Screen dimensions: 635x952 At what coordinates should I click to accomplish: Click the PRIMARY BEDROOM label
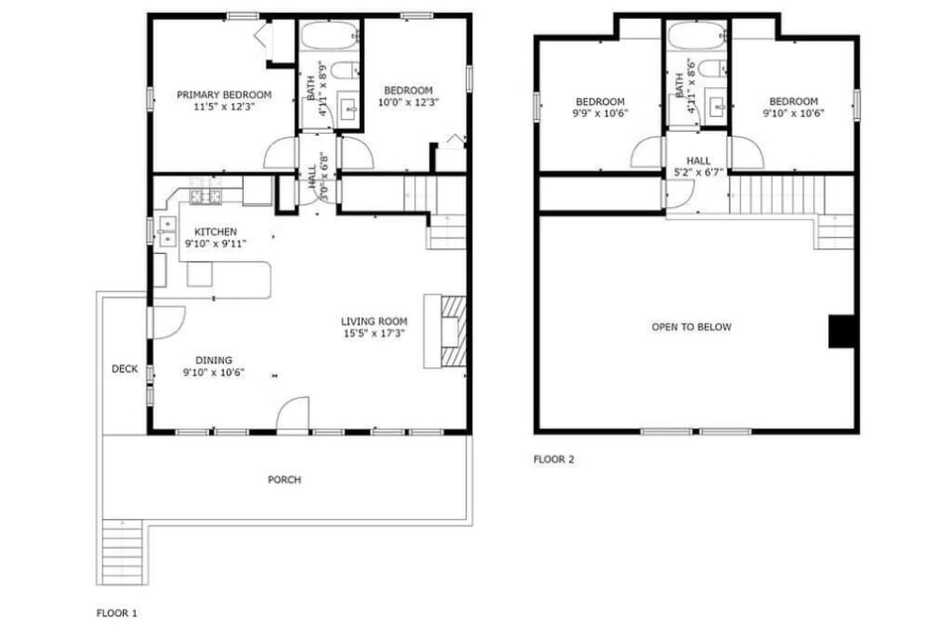tap(223, 94)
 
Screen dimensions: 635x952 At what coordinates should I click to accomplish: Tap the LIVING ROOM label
tap(374, 321)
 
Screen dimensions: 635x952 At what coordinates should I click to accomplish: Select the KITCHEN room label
tap(214, 231)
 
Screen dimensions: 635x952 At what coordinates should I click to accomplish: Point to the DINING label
tap(213, 361)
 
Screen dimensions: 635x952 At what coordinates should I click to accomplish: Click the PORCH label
tap(284, 480)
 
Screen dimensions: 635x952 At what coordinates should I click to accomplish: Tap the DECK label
tap(124, 369)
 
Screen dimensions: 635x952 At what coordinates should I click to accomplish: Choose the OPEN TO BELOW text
tap(691, 326)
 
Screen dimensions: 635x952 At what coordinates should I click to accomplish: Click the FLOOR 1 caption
tap(116, 613)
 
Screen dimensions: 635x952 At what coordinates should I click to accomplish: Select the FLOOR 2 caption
tap(553, 459)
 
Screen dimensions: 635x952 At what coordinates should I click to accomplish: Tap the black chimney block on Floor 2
tap(841, 331)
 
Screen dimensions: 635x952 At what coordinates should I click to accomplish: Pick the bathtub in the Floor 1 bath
tap(329, 39)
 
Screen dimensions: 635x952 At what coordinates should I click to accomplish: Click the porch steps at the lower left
tap(123, 555)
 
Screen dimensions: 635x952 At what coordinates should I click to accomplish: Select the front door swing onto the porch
tap(294, 416)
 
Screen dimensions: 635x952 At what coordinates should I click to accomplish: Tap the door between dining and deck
tap(167, 321)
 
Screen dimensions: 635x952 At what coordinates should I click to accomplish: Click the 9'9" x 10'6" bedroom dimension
tap(600, 113)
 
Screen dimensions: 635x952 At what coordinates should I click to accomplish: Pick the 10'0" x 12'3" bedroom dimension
tap(409, 102)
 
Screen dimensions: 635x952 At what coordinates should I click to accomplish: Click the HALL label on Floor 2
tap(698, 160)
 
